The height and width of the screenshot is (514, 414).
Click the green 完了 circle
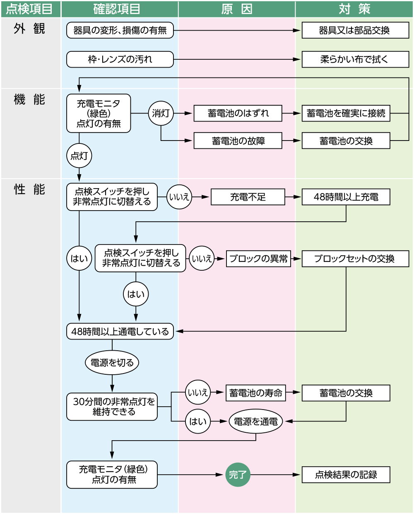[238, 475]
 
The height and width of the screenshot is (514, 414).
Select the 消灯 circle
[161, 113]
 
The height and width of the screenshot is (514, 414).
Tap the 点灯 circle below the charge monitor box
[79, 156]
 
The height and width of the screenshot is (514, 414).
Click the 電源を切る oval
[112, 363]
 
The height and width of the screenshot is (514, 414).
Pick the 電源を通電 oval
[256, 422]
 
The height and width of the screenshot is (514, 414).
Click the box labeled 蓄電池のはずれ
[238, 113]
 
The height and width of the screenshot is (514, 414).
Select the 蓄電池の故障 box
[238, 141]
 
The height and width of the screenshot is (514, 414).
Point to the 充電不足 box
[248, 197]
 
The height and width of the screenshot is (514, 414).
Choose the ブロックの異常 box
[258, 259]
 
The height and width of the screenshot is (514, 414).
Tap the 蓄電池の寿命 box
[256, 393]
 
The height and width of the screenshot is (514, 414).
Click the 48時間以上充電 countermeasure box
[346, 197]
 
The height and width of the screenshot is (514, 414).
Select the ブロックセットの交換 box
[355, 259]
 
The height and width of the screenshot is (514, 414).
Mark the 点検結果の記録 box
[346, 475]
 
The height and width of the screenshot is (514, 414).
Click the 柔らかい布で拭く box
[355, 59]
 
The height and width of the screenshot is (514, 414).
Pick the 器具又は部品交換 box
[355, 30]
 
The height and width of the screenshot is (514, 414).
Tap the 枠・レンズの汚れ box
[120, 59]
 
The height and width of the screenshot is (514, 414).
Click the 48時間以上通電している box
[120, 332]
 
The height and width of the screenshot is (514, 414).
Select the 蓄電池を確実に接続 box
[346, 113]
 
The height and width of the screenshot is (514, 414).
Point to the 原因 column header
[237, 9]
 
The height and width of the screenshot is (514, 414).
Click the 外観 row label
[29, 29]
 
